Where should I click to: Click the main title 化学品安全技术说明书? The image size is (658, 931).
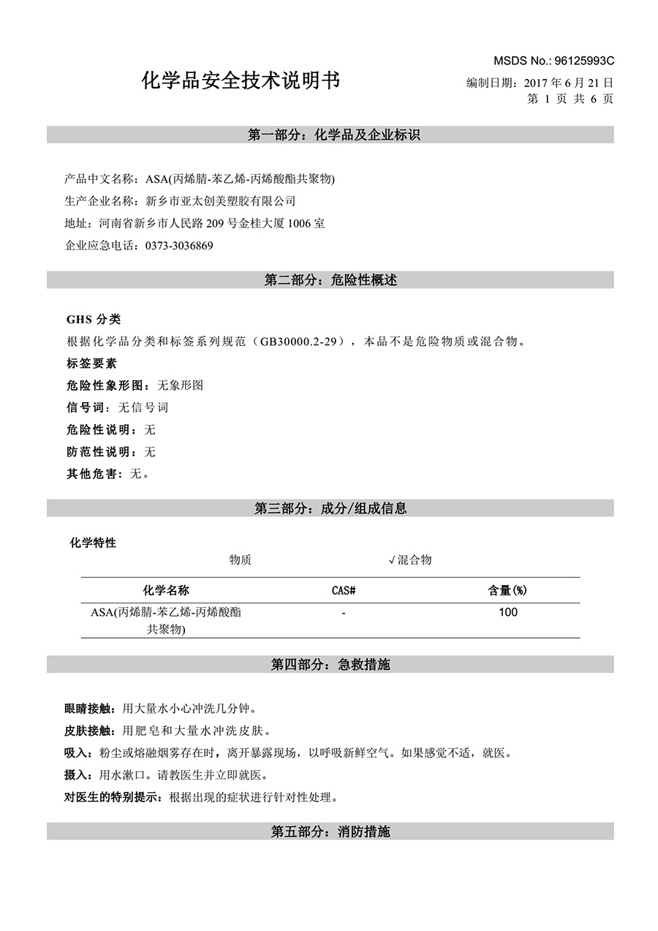(x=241, y=81)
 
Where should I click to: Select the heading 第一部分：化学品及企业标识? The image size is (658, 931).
(x=330, y=135)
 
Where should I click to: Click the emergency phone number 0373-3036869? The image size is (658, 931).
(x=179, y=246)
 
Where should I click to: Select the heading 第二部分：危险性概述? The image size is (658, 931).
(x=330, y=280)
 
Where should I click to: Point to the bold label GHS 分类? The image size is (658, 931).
(x=94, y=320)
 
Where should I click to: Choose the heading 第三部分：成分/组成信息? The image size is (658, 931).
(x=330, y=508)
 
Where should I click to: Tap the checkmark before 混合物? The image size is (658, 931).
(x=392, y=560)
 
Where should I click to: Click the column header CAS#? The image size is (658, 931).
(x=344, y=591)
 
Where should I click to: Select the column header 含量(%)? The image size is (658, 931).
(x=507, y=591)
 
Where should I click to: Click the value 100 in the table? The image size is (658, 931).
(x=507, y=612)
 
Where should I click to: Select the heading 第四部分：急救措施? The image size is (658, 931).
(x=330, y=665)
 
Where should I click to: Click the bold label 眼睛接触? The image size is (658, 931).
(x=86, y=709)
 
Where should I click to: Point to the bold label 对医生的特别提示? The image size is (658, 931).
(x=112, y=797)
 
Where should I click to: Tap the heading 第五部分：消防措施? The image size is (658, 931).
(x=330, y=832)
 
